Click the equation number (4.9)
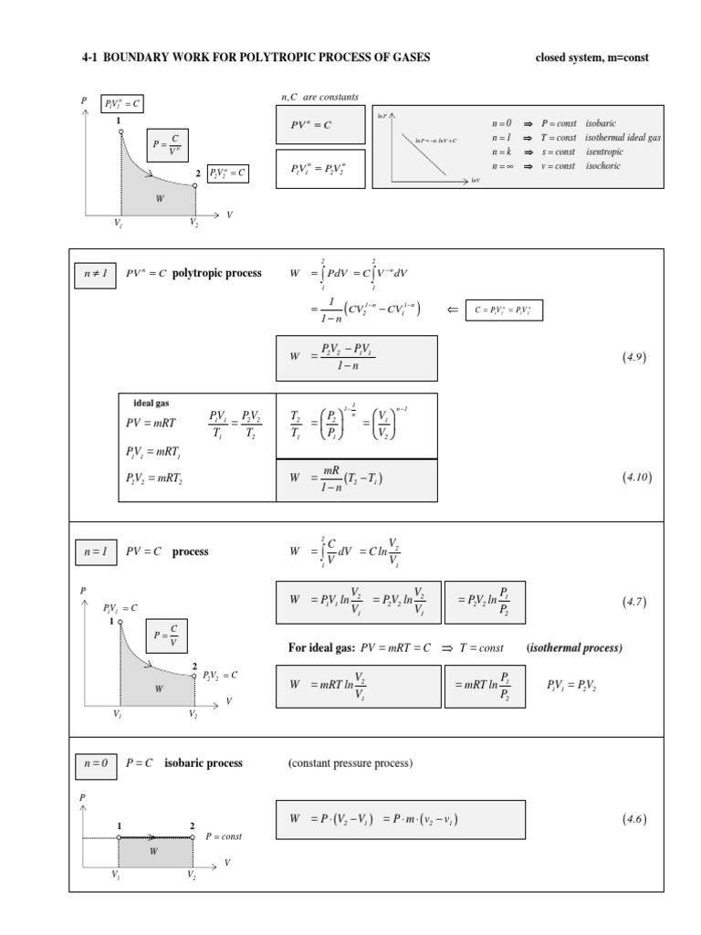coord(634,358)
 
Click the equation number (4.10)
coord(636,477)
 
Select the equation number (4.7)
coord(634,601)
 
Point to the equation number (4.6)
coord(634,819)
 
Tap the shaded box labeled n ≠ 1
coord(95,273)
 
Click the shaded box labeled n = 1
coord(95,552)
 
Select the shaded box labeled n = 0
coord(95,763)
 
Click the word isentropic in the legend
coord(604,152)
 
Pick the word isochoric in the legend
coord(603,166)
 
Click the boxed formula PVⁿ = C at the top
coord(319,125)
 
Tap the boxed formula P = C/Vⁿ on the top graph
coord(167,144)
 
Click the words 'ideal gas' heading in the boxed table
coord(152,403)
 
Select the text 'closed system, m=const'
coord(591,58)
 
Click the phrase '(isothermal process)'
coord(574,648)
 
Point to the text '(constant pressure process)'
coord(350,763)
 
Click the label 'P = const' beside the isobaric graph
coord(224,836)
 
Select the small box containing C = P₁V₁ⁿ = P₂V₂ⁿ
coord(503,310)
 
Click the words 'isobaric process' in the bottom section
coord(204,763)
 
